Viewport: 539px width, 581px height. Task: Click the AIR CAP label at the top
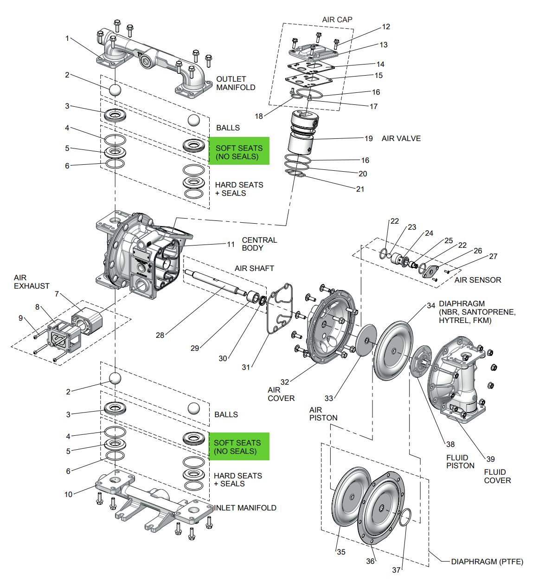coord(337,19)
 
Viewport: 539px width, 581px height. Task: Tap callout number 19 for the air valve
coord(368,138)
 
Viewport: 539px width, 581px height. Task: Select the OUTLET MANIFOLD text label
coord(236,83)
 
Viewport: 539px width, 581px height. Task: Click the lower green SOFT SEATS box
coord(239,446)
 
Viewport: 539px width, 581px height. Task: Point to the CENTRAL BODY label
coord(259,244)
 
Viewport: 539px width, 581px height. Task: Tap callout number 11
coord(231,244)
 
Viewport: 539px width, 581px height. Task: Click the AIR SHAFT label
coord(254,268)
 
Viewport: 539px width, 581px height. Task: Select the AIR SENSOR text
coord(478,280)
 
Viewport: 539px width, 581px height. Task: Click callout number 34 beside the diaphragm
coord(431,305)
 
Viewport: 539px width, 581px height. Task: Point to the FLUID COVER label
coord(497,476)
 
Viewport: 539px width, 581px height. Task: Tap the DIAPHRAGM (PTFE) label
coord(487,562)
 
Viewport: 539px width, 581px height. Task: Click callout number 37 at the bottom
coord(396,569)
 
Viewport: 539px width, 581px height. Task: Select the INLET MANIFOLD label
coord(245,508)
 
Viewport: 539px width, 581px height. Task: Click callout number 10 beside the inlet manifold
coord(68,494)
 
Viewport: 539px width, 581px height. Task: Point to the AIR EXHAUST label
coord(31,282)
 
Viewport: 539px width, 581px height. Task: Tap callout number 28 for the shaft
coord(160,335)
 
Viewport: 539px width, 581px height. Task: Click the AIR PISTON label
coord(323,413)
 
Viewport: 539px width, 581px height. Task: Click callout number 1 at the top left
coord(67,39)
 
